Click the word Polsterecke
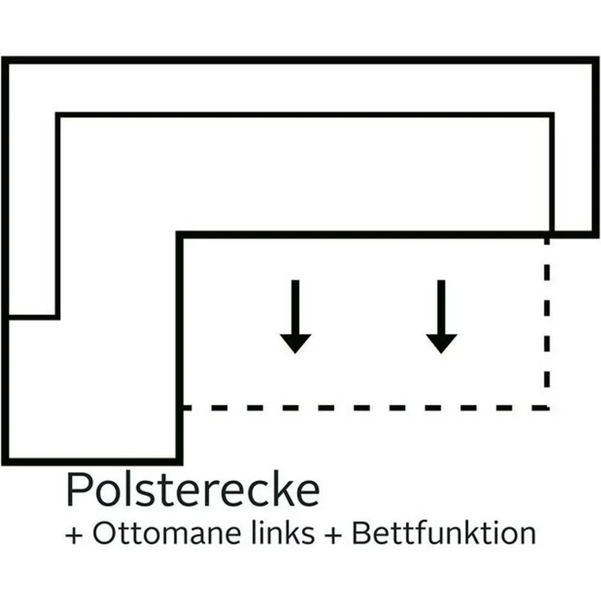click(193, 490)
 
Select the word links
click(283, 532)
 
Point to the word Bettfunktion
click(444, 532)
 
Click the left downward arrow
click(295, 317)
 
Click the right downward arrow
click(441, 317)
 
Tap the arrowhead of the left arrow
click(295, 344)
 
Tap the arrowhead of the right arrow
click(441, 344)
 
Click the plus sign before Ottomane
click(74, 535)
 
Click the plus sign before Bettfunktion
click(333, 535)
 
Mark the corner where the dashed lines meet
click(547, 407)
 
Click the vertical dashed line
click(547, 323)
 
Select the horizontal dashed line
click(365, 407)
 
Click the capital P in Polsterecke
click(78, 490)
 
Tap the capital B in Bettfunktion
click(362, 533)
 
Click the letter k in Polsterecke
click(283, 489)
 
